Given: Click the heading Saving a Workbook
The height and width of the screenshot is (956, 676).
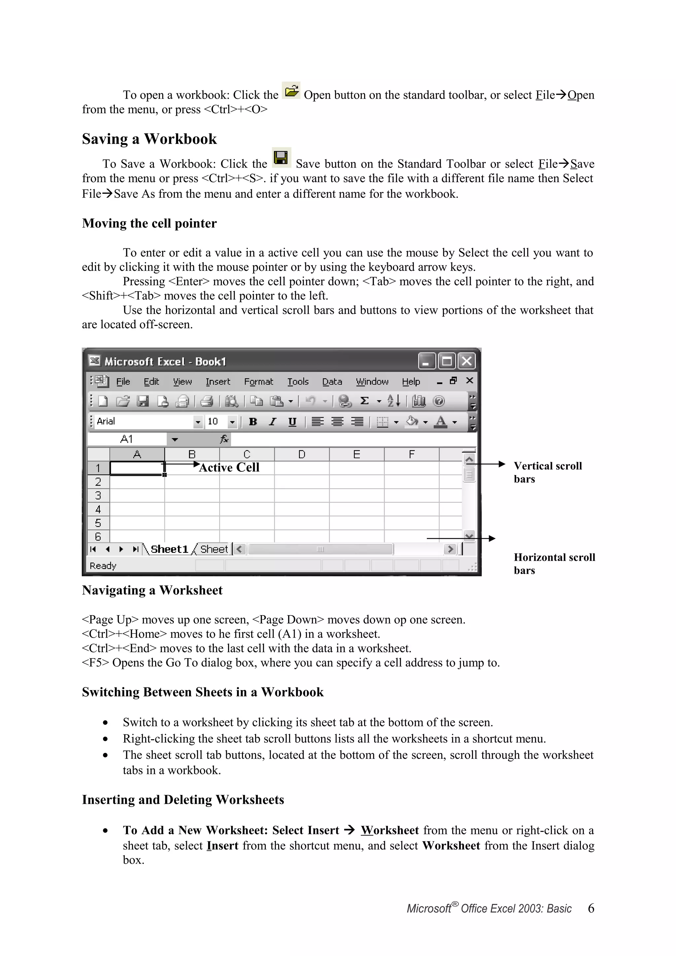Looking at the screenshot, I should pyautogui.click(x=149, y=139).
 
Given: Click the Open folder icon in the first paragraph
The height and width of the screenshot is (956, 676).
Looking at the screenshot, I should pyautogui.click(x=291, y=90).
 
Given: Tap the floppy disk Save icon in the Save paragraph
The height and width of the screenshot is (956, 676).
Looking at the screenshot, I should pyautogui.click(x=281, y=158).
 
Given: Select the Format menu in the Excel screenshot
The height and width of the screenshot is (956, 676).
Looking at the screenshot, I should pyautogui.click(x=258, y=382).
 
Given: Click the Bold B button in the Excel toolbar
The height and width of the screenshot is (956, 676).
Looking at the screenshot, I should pyautogui.click(x=253, y=422).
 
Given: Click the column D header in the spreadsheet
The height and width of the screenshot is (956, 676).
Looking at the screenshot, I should pyautogui.click(x=302, y=454).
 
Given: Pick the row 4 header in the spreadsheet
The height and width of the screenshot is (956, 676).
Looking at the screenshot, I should pyautogui.click(x=98, y=509).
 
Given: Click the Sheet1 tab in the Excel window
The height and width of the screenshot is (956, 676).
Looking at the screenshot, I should pyautogui.click(x=169, y=549).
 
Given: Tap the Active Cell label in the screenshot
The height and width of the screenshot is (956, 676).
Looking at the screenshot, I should pyautogui.click(x=229, y=467).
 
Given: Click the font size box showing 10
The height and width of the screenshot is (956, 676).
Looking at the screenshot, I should pyautogui.click(x=213, y=421).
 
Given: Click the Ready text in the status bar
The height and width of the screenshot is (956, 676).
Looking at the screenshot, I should pyautogui.click(x=103, y=566).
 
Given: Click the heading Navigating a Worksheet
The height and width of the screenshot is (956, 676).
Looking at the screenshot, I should pyautogui.click(x=152, y=590).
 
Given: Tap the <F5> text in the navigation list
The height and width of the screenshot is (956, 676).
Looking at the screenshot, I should pyautogui.click(x=95, y=662).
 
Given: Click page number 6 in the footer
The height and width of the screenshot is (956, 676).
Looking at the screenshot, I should pyautogui.click(x=591, y=908).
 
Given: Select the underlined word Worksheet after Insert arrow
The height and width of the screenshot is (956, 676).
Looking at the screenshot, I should pyautogui.click(x=389, y=830).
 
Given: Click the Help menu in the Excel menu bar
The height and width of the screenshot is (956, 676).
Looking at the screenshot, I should pyautogui.click(x=411, y=382).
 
